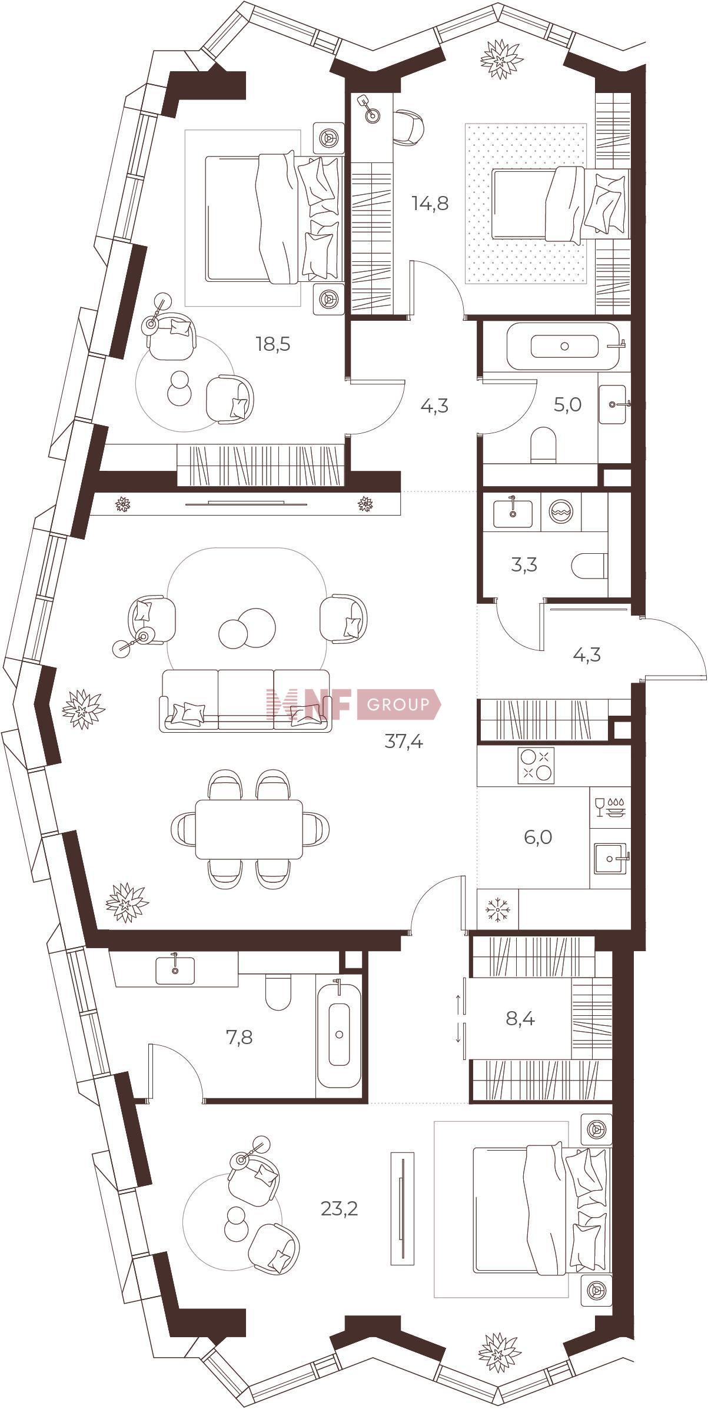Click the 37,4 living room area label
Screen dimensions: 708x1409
point(404,742)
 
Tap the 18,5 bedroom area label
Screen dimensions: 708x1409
point(273,344)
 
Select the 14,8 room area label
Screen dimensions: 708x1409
point(430,204)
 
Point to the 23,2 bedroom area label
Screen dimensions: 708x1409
point(339,1209)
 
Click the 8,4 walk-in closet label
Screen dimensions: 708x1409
point(520,1019)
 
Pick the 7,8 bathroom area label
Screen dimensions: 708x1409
point(239,1037)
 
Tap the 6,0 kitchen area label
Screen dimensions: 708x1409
point(538,836)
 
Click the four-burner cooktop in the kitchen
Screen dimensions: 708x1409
point(536,765)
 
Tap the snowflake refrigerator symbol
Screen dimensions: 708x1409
point(498,910)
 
